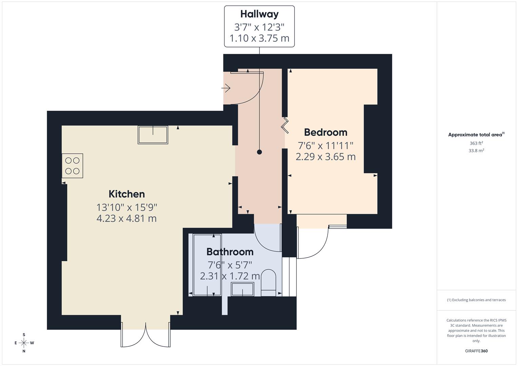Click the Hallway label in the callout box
pyautogui.click(x=259, y=14)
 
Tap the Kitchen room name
pyautogui.click(x=127, y=194)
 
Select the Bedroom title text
pyautogui.click(x=325, y=132)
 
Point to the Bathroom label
pyautogui.click(x=230, y=252)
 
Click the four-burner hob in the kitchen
pyautogui.click(x=72, y=166)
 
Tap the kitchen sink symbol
pyautogui.click(x=153, y=135)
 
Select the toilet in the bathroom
pyautogui.click(x=268, y=283)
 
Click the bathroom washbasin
pyautogui.click(x=242, y=289)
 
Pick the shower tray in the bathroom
pyautogui.click(x=207, y=265)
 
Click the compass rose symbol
pyautogui.click(x=24, y=343)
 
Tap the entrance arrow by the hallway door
pyautogui.click(x=226, y=88)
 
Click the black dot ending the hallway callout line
pyautogui.click(x=260, y=152)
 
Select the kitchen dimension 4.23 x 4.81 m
pyautogui.click(x=127, y=218)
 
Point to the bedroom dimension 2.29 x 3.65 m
pyautogui.click(x=325, y=157)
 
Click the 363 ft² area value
pyautogui.click(x=476, y=143)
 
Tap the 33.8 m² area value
pyautogui.click(x=476, y=151)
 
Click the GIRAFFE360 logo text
pyautogui.click(x=476, y=351)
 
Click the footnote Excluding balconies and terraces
pyautogui.click(x=476, y=300)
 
